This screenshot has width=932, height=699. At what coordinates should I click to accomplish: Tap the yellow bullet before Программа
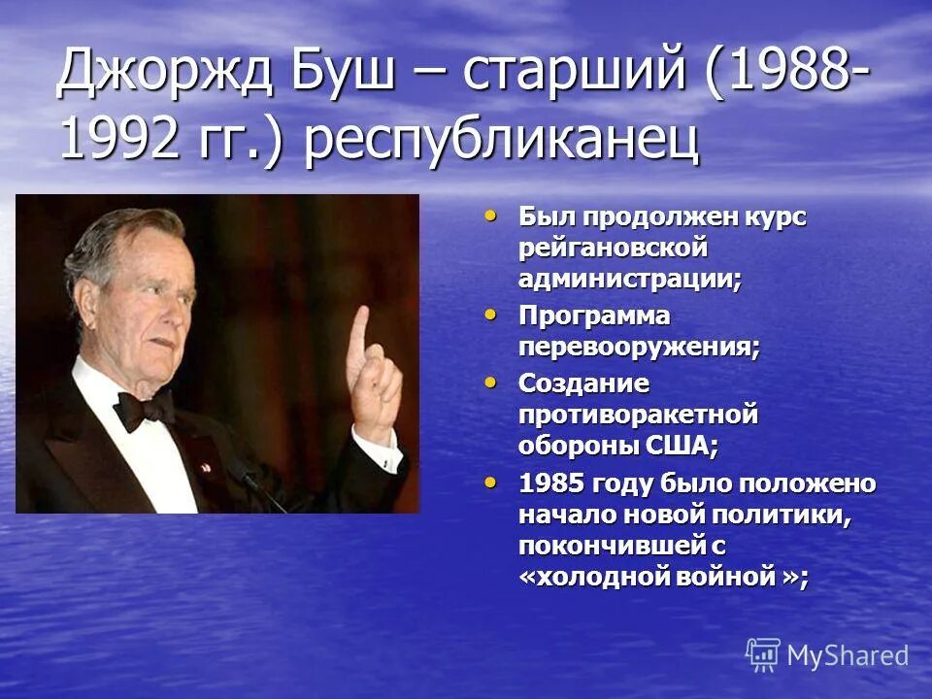pyautogui.click(x=492, y=314)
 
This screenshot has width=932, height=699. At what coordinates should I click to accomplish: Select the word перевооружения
pyautogui.click(x=639, y=347)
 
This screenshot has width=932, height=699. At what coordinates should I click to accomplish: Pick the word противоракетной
pyautogui.click(x=637, y=415)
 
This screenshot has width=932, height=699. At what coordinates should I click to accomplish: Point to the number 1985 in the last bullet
pyautogui.click(x=552, y=483)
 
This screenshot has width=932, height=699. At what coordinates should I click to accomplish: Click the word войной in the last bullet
pyautogui.click(x=728, y=575)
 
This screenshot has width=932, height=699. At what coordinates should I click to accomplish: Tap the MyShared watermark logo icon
pyautogui.click(x=762, y=654)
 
